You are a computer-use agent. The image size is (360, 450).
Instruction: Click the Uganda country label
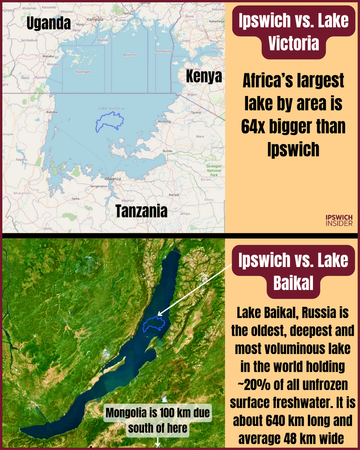click(48, 23)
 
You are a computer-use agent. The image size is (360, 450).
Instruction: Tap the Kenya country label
click(204, 76)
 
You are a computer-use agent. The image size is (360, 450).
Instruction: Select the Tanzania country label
click(141, 211)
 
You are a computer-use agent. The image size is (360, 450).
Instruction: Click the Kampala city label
click(95, 20)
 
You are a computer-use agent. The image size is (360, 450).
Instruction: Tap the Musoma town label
click(165, 121)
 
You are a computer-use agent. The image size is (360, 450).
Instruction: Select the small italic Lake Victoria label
click(111, 108)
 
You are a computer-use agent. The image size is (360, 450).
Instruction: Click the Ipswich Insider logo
click(339, 220)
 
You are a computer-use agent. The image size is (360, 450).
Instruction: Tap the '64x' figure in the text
click(256, 127)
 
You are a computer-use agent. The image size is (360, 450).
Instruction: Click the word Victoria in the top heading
click(294, 44)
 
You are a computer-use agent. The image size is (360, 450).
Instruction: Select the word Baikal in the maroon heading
click(293, 283)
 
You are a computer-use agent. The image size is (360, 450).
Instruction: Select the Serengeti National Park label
click(214, 170)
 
